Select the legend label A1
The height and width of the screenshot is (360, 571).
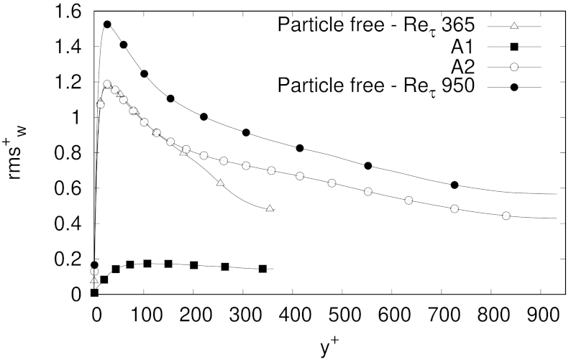click(x=472, y=47)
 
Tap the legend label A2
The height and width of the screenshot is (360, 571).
click(x=472, y=68)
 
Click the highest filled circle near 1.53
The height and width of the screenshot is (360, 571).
click(x=107, y=24)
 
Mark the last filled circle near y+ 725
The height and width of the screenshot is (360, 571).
click(x=454, y=185)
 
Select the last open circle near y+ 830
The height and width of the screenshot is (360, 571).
click(x=506, y=216)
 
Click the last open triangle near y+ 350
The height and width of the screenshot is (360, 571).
click(x=270, y=208)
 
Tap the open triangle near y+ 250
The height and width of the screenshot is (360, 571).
click(x=220, y=183)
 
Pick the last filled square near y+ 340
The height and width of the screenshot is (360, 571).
click(x=262, y=269)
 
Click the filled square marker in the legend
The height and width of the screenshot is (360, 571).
click(x=514, y=47)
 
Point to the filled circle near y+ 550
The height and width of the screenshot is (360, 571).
click(x=368, y=166)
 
